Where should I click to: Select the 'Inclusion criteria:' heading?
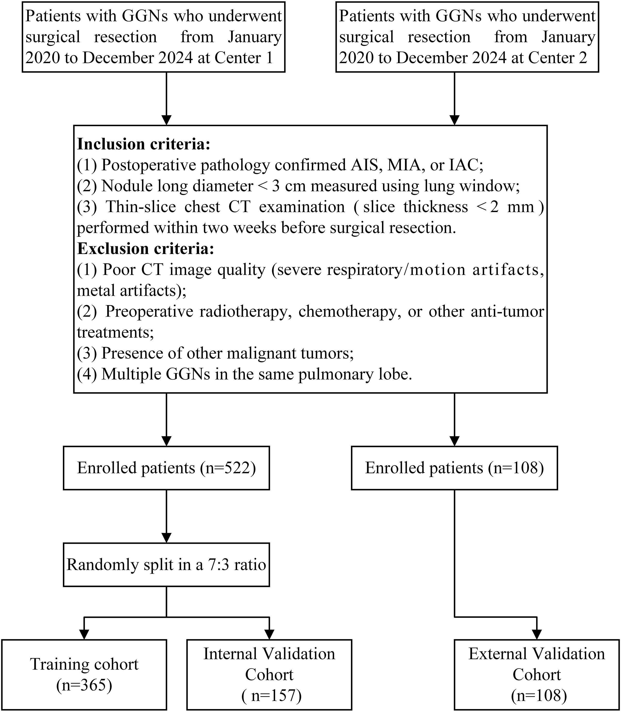[143, 144]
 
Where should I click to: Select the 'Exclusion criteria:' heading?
[145, 249]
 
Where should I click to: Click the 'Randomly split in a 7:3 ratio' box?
[166, 565]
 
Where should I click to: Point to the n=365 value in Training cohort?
[84, 685]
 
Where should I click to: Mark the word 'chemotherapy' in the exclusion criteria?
[347, 312]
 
